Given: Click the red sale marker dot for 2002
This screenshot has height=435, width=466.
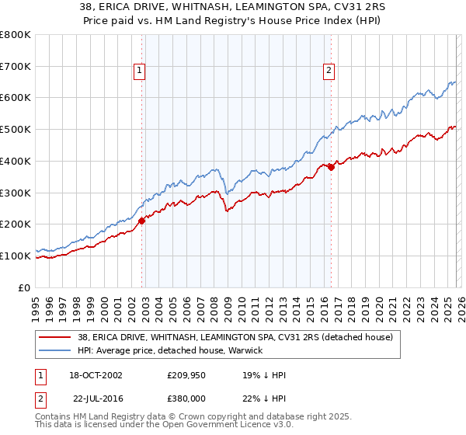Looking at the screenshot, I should [142, 221].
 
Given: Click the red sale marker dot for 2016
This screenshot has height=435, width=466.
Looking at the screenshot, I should [331, 166].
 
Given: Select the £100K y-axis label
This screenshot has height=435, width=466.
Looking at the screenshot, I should [16, 256].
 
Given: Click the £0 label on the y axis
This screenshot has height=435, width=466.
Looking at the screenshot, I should [24, 287].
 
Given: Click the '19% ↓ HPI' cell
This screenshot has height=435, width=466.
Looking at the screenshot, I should [264, 375].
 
